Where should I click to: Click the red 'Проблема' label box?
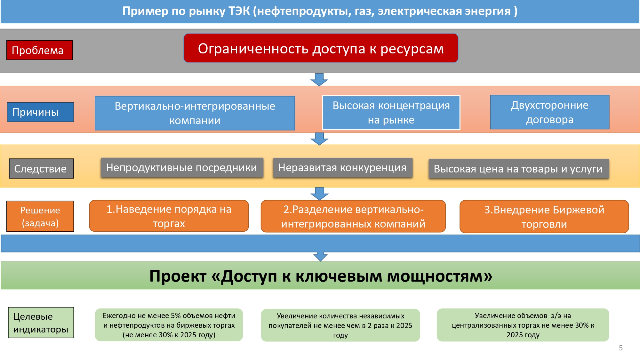pos(40,50)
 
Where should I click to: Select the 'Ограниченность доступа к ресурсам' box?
pos(321,48)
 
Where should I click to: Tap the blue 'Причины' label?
pos(40,112)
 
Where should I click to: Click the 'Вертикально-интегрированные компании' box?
pos(195,113)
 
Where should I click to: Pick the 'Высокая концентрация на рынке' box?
pos(391,113)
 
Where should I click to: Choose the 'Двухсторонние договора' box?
pos(549,112)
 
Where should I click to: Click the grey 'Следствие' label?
pos(41,169)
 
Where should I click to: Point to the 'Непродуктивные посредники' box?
pos(182,167)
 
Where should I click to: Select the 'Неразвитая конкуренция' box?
pos(342,167)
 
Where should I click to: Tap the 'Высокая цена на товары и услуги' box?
pos(518,169)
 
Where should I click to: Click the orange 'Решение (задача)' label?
pos(40,216)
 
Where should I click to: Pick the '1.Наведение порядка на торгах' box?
pos(169,216)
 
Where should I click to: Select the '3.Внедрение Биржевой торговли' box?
pos(544,217)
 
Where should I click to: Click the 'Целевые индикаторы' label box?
pos(41,323)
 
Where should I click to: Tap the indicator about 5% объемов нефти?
pos(169,325)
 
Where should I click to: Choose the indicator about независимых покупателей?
pos(340,325)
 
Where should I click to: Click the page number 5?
pos(620,348)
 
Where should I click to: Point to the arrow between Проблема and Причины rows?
pos(319,79)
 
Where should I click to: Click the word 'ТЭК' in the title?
pos(239,11)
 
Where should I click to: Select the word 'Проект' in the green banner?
pos(178,276)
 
